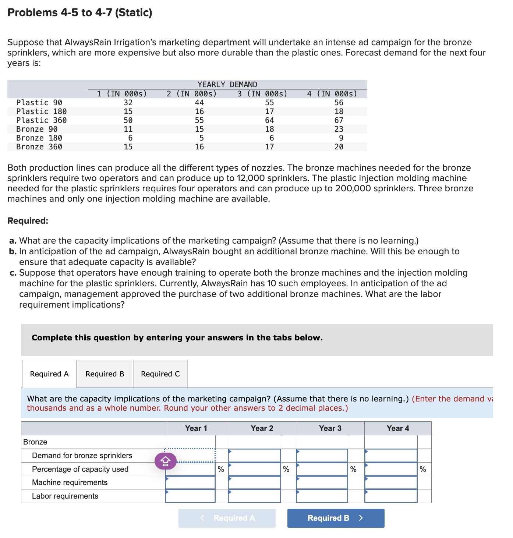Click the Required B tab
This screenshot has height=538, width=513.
pos(105,374)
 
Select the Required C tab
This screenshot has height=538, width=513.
pos(160,374)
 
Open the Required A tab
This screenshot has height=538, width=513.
pos(49,374)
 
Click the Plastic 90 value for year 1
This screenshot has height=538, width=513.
pos(128,103)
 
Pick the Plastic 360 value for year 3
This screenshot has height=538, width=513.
pos(269,120)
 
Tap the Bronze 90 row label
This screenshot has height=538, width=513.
pos(37,129)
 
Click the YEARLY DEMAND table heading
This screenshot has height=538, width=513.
pos(227,85)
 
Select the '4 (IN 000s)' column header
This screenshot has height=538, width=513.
pos(332,94)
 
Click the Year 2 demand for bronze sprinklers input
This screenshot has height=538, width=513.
pos(254,456)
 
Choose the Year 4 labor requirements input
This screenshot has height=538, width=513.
pos(391,496)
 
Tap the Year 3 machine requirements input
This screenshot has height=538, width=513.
pos(322,482)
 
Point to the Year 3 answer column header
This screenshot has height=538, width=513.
pos(330,428)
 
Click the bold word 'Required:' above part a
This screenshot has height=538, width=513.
pos(28,221)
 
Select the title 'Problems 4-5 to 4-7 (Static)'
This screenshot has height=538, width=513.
pos(80,13)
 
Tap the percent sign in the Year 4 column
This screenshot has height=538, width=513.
pos(423,469)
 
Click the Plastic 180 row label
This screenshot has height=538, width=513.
pos(42,112)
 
